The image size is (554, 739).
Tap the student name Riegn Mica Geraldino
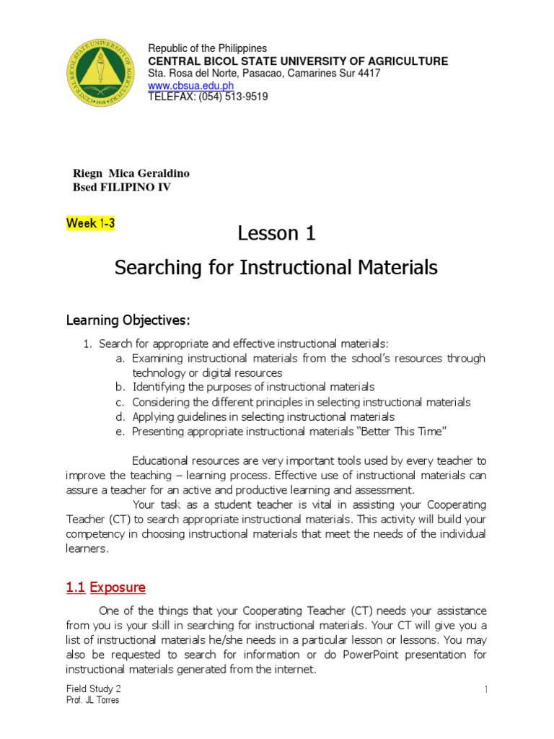point(132,173)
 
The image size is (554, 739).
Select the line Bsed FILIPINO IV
point(123,188)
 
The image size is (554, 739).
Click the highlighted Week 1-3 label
point(90,224)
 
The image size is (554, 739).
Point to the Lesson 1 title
point(277,233)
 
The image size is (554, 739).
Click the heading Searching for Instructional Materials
point(277,268)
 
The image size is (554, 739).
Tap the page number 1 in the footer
point(486,690)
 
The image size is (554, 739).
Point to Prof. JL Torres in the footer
point(92,701)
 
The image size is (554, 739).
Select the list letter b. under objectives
point(120,388)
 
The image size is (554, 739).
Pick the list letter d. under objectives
point(120,416)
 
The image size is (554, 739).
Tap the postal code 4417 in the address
point(369,74)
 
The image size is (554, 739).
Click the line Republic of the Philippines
point(207,48)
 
